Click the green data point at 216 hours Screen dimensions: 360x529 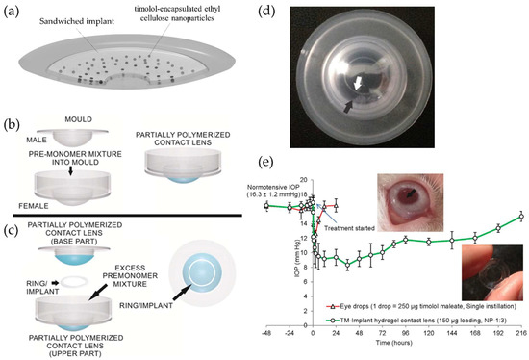tap(521, 216)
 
